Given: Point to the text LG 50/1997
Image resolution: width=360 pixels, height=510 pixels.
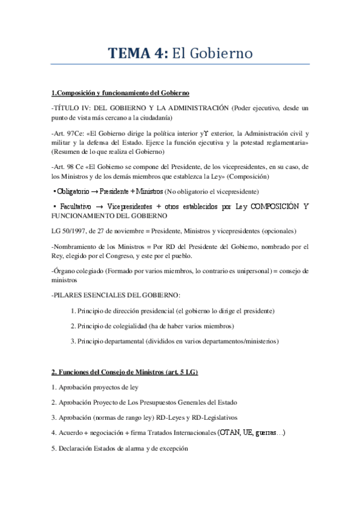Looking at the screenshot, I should coord(69,232).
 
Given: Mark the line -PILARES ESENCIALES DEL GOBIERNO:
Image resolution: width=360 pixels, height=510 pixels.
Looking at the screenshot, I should coord(116,295).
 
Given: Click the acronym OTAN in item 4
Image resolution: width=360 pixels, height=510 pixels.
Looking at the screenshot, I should coord(230,432).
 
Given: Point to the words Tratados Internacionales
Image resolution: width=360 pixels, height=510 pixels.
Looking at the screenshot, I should coord(184,433).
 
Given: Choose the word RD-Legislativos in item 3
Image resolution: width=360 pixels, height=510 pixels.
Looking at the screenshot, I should coord(213,417).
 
